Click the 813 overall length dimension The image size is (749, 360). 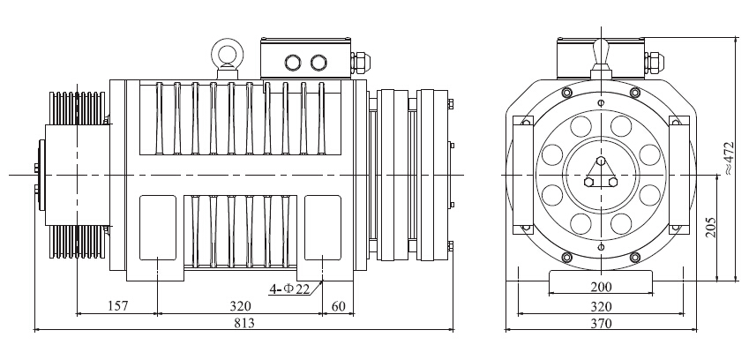click(x=244, y=323)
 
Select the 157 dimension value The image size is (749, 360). click(x=117, y=306)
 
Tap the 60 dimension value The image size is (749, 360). click(x=338, y=306)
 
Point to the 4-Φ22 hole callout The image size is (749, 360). click(x=289, y=289)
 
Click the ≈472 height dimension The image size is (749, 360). click(x=728, y=158)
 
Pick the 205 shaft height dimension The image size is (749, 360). click(x=710, y=229)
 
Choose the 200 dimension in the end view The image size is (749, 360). click(x=601, y=287)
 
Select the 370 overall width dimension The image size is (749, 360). click(x=601, y=323)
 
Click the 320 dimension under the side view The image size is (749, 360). click(x=240, y=306)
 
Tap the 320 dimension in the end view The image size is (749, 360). click(x=601, y=306)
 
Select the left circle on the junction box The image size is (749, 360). click(x=293, y=63)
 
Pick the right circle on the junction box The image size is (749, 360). click(x=318, y=63)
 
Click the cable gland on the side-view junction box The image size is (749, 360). click(x=361, y=63)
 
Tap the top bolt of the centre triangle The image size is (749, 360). click(x=602, y=161)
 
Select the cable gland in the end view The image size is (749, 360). click(x=654, y=63)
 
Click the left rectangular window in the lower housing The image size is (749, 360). click(x=158, y=228)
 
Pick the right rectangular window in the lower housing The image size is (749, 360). click(x=323, y=228)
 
